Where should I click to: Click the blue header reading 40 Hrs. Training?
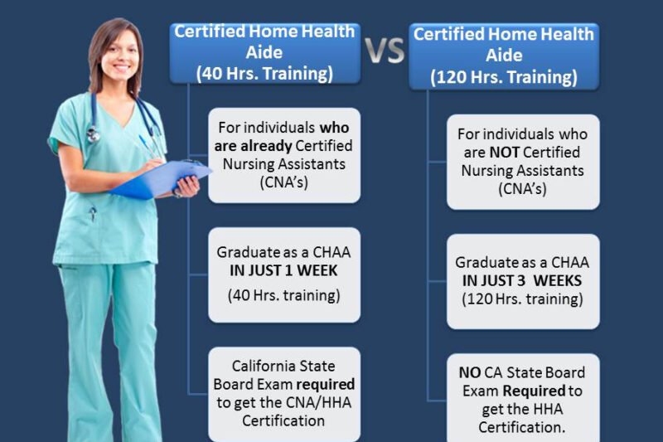(x=264, y=52)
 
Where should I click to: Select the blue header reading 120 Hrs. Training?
(x=504, y=56)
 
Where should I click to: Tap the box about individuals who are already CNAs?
(x=283, y=155)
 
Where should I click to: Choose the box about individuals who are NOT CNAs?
(x=523, y=162)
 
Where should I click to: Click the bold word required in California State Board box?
(x=327, y=384)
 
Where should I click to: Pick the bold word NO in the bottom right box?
(x=469, y=372)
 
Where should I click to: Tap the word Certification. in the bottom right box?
(x=522, y=426)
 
